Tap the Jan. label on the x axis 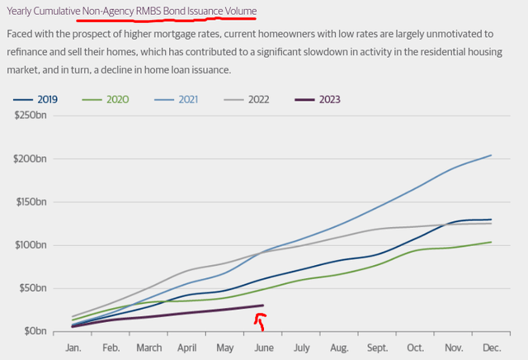coord(74,348)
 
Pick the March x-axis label coord(149,348)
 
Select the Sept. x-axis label coord(378,348)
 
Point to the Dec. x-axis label coord(491,348)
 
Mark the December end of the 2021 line coord(492,155)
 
